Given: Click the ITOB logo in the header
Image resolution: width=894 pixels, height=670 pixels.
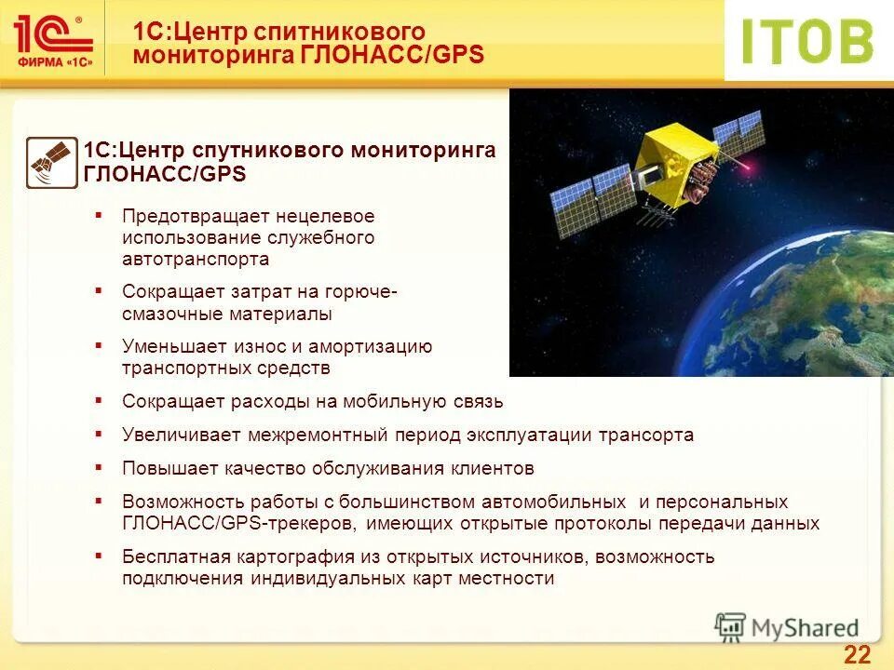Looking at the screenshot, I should coord(806,41).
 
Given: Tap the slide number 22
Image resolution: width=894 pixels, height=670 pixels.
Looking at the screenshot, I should coord(857,653).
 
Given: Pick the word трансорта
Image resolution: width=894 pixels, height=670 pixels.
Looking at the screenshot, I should coord(645,435).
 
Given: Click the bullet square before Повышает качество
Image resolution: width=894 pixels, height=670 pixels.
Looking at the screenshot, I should coord(98,466).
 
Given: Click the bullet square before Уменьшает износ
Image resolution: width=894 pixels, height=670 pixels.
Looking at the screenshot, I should coord(98,345).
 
